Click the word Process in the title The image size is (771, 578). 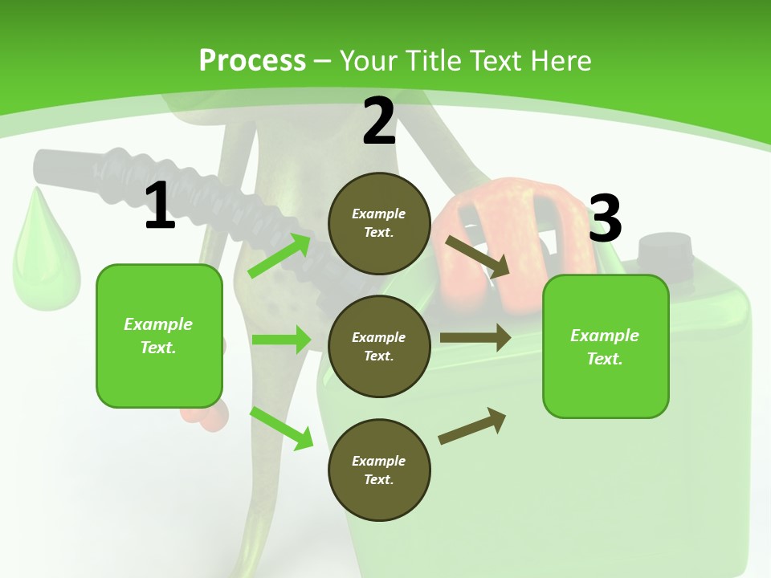tap(252, 61)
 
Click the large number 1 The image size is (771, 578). tap(160, 206)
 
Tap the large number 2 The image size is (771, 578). tap(379, 122)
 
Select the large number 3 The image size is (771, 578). tap(605, 218)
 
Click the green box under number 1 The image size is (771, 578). tap(159, 336)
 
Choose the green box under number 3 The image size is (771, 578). tap(606, 347)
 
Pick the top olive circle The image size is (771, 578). tap(379, 223)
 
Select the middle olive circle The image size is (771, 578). tap(379, 347)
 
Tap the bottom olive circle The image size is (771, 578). tap(379, 470)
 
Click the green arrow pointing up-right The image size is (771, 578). tap(280, 256)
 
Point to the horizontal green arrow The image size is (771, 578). tap(281, 340)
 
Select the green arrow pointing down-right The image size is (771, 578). tap(281, 428)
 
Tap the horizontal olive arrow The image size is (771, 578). tap(475, 338)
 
